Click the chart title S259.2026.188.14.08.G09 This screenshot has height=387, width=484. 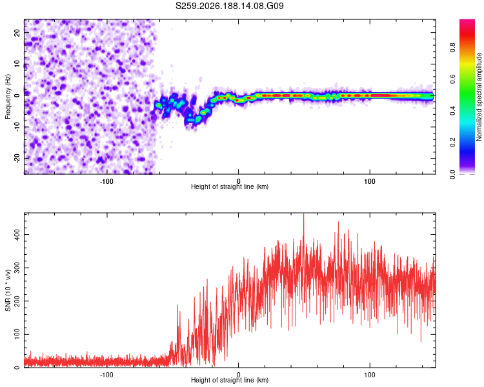click(x=229, y=6)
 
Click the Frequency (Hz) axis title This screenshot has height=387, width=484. click(x=8, y=97)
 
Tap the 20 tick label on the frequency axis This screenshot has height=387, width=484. click(x=17, y=33)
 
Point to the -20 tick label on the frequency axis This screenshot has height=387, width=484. click(x=17, y=158)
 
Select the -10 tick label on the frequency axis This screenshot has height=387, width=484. click(x=17, y=127)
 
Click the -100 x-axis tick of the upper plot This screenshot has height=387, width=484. click(x=106, y=181)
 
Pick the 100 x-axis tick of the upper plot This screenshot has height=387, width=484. click(x=370, y=181)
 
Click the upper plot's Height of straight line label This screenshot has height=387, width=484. click(x=230, y=186)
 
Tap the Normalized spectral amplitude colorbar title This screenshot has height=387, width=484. click(x=479, y=97)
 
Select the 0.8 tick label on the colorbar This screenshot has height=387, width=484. click(x=453, y=48)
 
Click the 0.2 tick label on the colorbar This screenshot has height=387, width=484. click(x=453, y=143)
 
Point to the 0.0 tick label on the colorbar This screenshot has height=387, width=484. click(x=453, y=174)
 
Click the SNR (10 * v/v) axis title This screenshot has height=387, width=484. click(x=8, y=290)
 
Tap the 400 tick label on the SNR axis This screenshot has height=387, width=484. click(x=17, y=235)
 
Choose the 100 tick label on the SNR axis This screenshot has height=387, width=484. click(x=17, y=334)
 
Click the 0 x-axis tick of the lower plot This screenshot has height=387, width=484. click(x=238, y=375)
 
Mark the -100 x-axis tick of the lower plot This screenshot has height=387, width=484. click(x=106, y=375)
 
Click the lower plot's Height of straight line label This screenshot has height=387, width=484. click(x=230, y=380)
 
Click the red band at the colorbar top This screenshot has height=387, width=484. click(x=467, y=25)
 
